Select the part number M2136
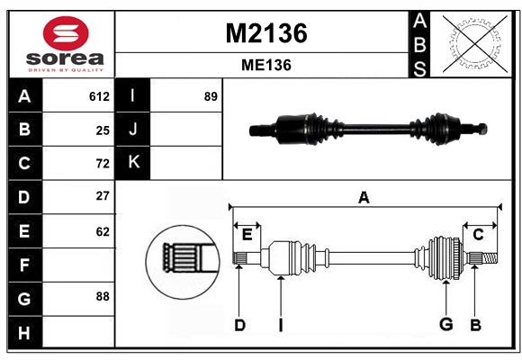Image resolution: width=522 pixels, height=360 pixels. (265, 33)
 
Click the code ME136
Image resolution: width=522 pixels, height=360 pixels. (265, 65)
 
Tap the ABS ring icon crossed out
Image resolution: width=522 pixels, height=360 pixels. (471, 43)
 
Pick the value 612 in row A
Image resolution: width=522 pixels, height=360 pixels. (99, 96)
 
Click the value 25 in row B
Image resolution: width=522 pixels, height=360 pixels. (103, 130)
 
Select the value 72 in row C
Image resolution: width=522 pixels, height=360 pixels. (103, 164)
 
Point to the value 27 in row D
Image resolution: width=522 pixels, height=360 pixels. (103, 196)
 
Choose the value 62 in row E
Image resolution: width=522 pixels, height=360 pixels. (103, 231)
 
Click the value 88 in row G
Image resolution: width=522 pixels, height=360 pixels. (103, 295)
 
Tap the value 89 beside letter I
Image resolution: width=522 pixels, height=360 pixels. (211, 96)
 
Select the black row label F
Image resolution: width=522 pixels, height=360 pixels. (24, 265)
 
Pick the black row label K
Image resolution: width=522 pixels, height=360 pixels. (133, 163)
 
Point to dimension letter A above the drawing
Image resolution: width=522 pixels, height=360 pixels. (364, 197)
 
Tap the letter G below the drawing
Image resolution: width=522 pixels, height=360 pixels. (445, 325)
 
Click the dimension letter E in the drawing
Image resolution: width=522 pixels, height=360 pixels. (247, 235)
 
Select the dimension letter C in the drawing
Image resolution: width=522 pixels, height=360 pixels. (478, 235)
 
